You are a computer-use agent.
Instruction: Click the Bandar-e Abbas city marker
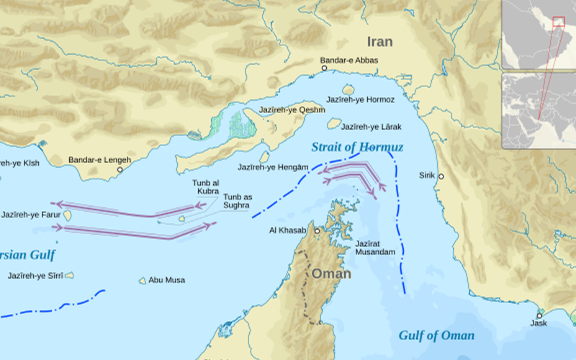tap(324, 68)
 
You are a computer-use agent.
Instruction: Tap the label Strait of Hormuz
tap(358, 148)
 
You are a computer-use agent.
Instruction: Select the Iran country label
tap(379, 42)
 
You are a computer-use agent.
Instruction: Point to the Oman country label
tap(331, 274)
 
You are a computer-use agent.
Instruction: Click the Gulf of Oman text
tap(436, 336)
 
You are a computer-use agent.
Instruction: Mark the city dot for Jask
tap(539, 315)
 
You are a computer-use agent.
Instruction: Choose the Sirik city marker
tap(441, 176)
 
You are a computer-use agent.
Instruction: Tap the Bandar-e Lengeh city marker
tap(120, 170)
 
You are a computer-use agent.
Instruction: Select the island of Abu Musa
tap(143, 280)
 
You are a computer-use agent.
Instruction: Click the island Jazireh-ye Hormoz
tap(348, 89)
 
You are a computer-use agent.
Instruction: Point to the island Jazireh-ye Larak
tap(333, 124)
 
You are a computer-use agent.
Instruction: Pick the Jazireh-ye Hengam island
tap(264, 157)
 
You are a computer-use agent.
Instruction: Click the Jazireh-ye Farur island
tap(68, 215)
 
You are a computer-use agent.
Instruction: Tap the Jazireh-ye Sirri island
tap(69, 275)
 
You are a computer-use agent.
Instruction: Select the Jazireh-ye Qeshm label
tap(297, 110)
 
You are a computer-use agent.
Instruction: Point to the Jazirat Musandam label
tap(375, 248)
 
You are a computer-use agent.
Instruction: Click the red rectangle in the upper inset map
tap(558, 21)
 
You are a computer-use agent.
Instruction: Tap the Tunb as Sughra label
tap(237, 201)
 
